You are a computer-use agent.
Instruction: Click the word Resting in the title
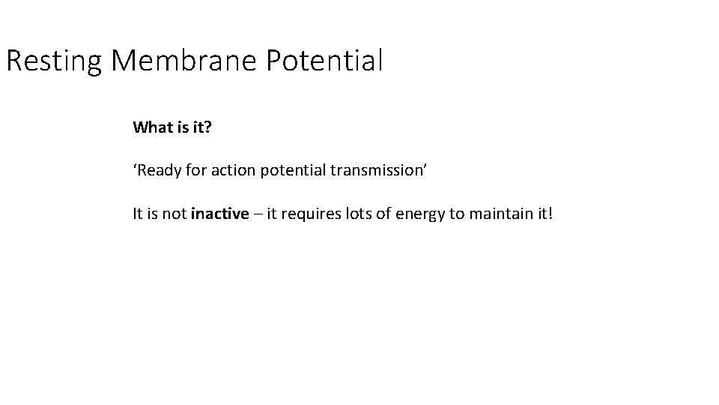(53, 61)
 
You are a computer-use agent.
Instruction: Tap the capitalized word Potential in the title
(324, 61)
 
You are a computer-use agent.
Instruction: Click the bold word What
(153, 127)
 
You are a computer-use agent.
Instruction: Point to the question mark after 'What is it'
(209, 127)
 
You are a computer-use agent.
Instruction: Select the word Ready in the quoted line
(159, 170)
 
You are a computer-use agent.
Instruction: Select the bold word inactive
(219, 214)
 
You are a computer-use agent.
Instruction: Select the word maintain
(497, 214)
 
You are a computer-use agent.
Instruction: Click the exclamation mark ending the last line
(550, 214)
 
